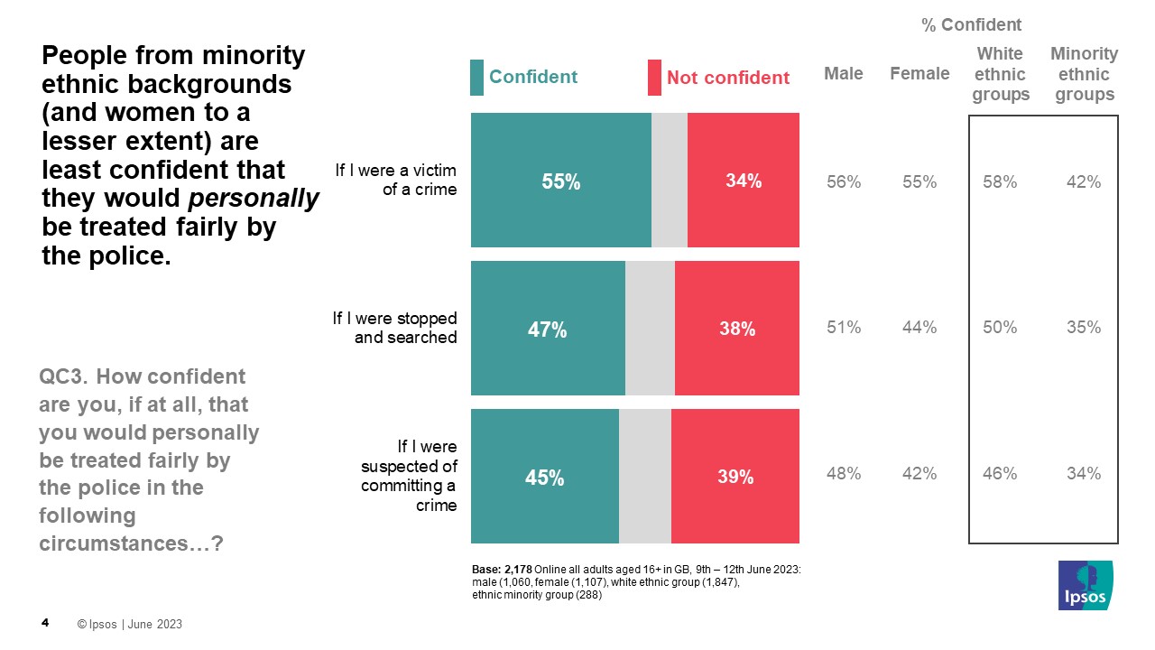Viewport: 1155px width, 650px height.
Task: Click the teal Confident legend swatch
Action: click(x=477, y=78)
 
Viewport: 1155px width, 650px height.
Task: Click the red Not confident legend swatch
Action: click(x=654, y=78)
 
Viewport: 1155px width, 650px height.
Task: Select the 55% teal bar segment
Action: click(x=560, y=181)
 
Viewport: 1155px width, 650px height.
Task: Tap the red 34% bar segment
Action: click(x=744, y=181)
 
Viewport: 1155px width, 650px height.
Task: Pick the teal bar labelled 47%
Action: click(x=548, y=329)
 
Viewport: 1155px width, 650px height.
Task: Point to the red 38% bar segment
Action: click(x=737, y=329)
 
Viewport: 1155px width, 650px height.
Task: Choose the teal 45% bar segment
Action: click(x=544, y=477)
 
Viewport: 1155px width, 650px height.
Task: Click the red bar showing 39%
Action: click(x=735, y=477)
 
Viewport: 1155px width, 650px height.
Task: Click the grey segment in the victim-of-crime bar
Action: click(x=670, y=181)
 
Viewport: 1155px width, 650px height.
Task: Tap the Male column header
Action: click(x=844, y=74)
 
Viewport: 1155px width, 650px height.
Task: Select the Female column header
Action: click(x=919, y=74)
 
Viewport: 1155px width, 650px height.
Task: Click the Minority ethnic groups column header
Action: click(x=1084, y=74)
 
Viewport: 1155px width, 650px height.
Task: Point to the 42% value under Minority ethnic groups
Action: click(x=1084, y=182)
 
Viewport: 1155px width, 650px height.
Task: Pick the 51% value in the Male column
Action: click(x=844, y=328)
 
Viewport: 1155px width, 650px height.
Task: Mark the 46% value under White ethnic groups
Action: click(x=1000, y=473)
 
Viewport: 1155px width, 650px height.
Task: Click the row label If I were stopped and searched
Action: click(x=395, y=328)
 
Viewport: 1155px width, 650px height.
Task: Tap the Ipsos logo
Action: click(x=1086, y=585)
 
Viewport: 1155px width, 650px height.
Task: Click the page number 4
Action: click(x=45, y=623)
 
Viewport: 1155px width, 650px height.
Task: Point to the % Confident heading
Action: click(x=971, y=25)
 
